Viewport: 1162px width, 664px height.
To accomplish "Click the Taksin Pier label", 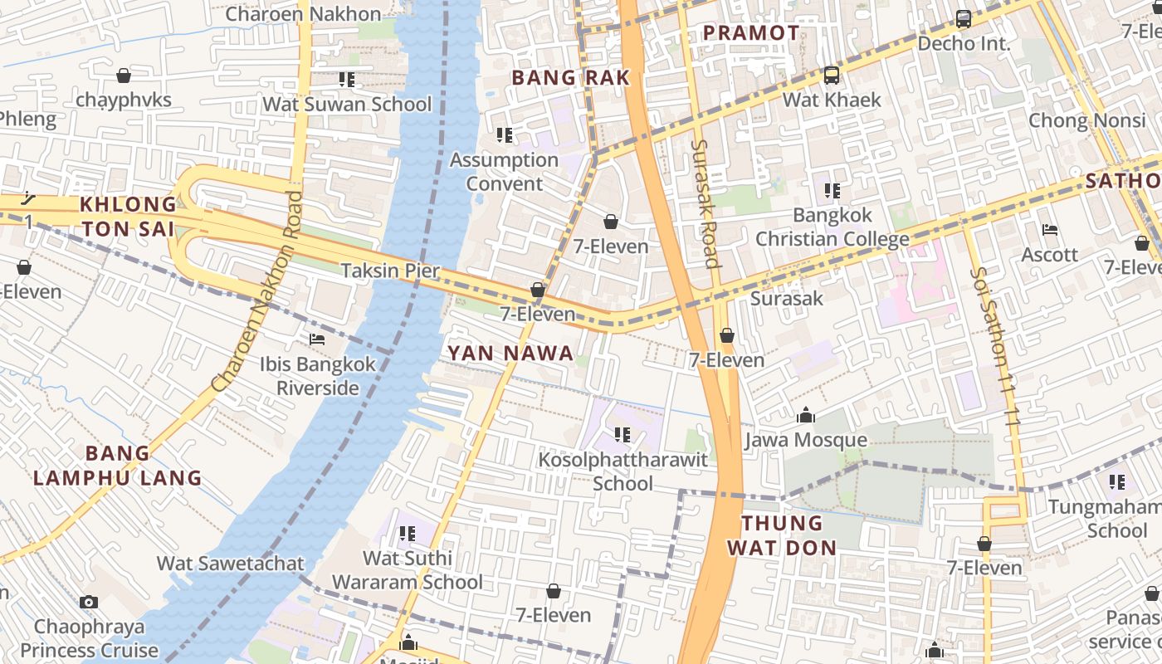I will tap(390, 271).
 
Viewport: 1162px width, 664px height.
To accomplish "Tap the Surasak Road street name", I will tap(704, 203).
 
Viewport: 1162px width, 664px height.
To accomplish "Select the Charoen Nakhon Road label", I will tap(257, 291).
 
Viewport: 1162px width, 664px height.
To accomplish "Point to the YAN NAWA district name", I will tap(510, 354).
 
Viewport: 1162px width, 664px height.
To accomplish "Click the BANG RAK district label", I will tap(570, 78).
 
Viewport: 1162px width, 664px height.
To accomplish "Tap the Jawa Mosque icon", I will tap(805, 416).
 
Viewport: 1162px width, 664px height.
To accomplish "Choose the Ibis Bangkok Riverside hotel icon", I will tap(317, 339).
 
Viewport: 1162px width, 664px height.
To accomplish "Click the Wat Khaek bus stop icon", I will tap(831, 76).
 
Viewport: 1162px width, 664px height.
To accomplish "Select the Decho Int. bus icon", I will tap(964, 18).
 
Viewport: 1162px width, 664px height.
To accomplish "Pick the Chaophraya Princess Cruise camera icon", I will tap(89, 603).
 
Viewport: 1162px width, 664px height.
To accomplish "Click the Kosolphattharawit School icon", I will tap(622, 434).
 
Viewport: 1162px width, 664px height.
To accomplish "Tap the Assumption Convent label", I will tap(504, 172).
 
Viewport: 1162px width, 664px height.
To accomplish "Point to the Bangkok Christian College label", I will tap(832, 227).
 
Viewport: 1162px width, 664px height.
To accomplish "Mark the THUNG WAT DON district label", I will tap(781, 535).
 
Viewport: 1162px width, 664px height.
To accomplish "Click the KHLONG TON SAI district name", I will tap(128, 216).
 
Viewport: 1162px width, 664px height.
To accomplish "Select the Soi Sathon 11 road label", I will tap(994, 347).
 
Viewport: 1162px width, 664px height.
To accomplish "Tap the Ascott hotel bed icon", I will tap(1050, 230).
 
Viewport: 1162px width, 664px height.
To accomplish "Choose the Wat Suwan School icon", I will tap(347, 80).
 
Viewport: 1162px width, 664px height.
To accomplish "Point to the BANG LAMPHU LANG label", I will tap(117, 466).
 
